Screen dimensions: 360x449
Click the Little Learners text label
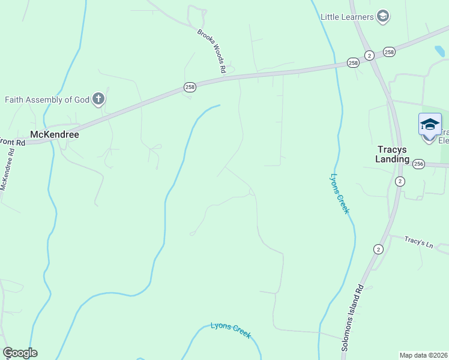tap(347, 16)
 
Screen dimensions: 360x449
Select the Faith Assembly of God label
tap(47, 100)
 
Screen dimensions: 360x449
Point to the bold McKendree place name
tap(55, 135)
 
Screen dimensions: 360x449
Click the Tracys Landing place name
tap(393, 154)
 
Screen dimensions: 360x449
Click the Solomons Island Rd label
tap(353, 317)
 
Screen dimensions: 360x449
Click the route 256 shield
tap(418, 164)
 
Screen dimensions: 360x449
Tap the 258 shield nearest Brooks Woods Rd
tap(190, 88)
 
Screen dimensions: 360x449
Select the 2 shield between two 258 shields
tap(369, 55)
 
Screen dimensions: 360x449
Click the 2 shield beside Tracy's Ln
tap(378, 249)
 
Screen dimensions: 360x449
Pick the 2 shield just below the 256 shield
tap(400, 181)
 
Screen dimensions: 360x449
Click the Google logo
tap(20, 353)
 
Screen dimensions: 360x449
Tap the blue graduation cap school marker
tap(429, 125)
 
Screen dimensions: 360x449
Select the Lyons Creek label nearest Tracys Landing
tap(339, 194)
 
